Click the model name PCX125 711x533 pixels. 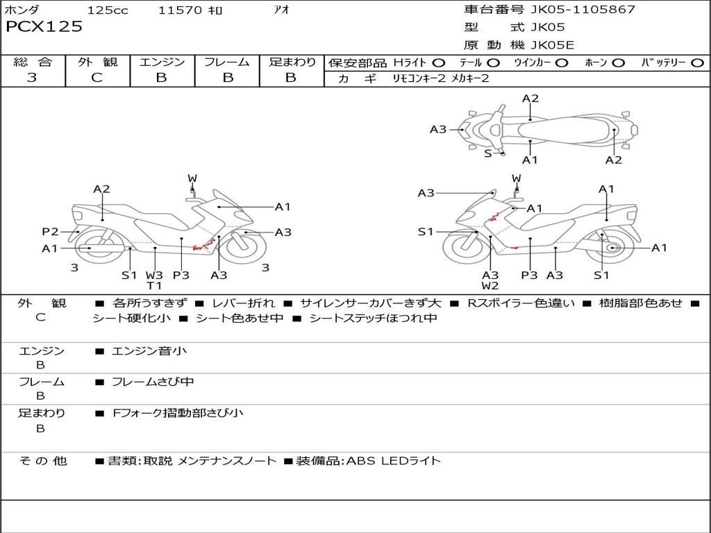[x=44, y=27]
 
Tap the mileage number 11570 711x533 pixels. [x=180, y=10]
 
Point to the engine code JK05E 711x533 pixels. [x=553, y=46]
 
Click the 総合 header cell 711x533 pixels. [x=33, y=62]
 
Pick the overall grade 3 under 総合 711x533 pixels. [x=32, y=78]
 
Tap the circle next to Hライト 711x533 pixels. [x=439, y=62]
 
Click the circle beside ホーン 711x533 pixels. [x=619, y=62]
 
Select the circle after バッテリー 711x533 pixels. [x=697, y=62]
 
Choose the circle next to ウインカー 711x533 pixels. [x=562, y=62]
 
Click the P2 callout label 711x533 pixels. [x=50, y=232]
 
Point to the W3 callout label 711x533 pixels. [x=154, y=275]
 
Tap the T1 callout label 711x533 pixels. [x=154, y=285]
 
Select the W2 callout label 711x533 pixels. [x=490, y=285]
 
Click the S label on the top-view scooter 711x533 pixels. [x=488, y=153]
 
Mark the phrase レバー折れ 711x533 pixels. [x=243, y=303]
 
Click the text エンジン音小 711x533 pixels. [x=149, y=351]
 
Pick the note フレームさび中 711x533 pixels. [x=153, y=382]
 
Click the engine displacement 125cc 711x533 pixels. [x=108, y=10]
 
